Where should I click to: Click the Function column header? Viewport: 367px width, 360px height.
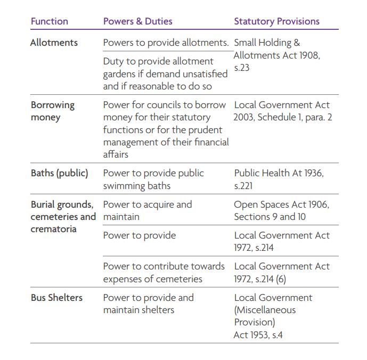click(50, 21)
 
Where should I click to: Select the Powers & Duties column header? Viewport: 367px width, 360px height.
click(137, 21)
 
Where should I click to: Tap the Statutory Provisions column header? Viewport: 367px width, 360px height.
click(276, 21)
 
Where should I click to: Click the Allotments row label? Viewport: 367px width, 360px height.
click(54, 43)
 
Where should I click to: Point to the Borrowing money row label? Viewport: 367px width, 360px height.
click(52, 111)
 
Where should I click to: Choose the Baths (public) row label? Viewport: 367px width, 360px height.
click(59, 173)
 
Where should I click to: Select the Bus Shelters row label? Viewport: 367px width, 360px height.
click(56, 298)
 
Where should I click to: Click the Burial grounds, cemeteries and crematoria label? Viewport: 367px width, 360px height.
click(62, 217)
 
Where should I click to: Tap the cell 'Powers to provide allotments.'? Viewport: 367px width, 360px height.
click(166, 43)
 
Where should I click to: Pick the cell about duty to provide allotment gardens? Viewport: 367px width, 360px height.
click(158, 73)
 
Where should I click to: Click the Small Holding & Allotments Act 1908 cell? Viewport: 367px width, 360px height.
click(277, 55)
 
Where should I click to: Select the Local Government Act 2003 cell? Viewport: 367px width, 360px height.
click(282, 111)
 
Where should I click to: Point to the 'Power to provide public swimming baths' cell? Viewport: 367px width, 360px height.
click(153, 179)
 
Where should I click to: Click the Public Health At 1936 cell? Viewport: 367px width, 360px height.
click(279, 179)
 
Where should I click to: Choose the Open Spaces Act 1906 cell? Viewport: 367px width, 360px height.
click(281, 210)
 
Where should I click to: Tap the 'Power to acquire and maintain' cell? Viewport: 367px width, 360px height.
click(148, 210)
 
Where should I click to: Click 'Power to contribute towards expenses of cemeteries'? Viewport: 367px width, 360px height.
click(164, 272)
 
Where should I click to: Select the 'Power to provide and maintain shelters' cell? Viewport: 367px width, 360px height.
click(148, 304)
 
